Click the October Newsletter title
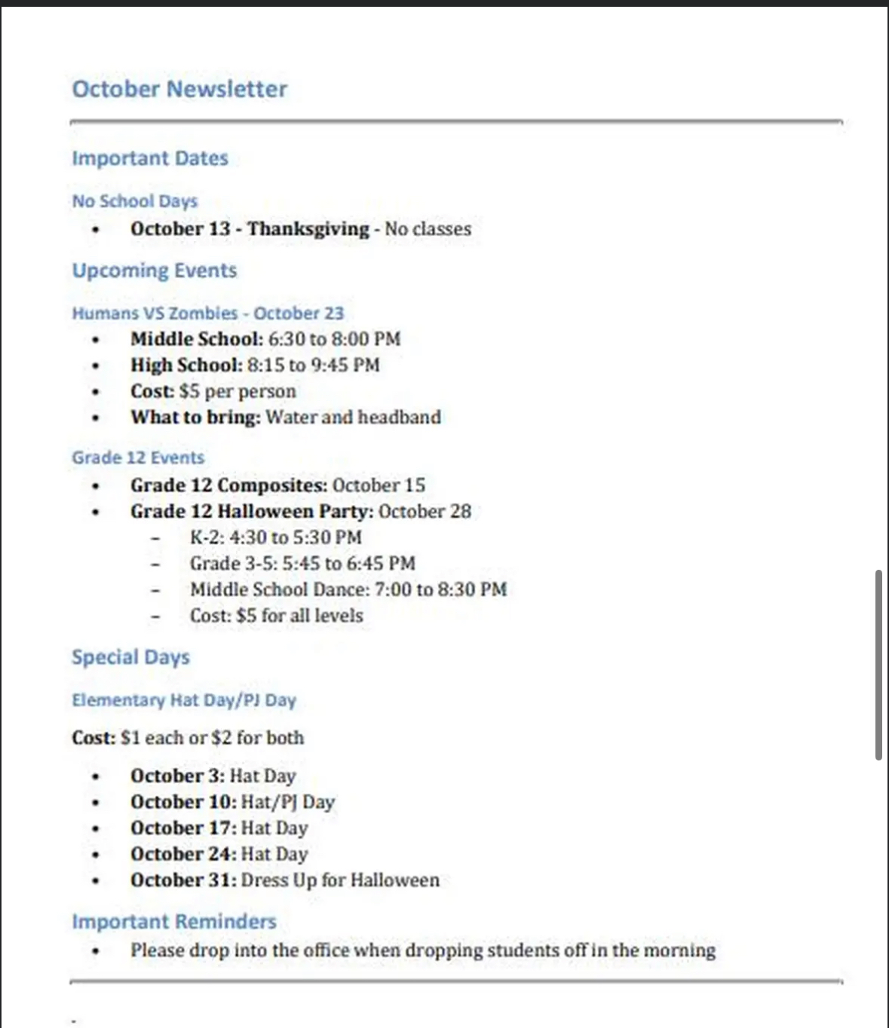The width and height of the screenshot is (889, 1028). pyautogui.click(x=179, y=89)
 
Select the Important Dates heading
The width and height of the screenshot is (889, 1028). pyautogui.click(x=150, y=158)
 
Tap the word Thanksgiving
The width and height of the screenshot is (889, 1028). pyautogui.click(x=308, y=228)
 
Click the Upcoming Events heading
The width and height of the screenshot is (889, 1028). pyautogui.click(x=155, y=271)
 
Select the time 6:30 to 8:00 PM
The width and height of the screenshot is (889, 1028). pyautogui.click(x=334, y=339)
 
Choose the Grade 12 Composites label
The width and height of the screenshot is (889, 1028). pyautogui.click(x=228, y=485)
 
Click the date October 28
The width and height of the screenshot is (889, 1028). pyautogui.click(x=425, y=512)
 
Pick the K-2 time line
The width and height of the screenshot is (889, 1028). pyautogui.click(x=276, y=537)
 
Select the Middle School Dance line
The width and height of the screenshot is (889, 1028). pyautogui.click(x=348, y=589)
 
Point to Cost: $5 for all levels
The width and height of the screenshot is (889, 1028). pyautogui.click(x=277, y=616)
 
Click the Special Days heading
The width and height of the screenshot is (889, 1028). pyautogui.click(x=130, y=657)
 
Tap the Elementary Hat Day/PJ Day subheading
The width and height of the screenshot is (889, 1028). pyautogui.click(x=184, y=700)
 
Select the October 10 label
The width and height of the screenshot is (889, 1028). pyautogui.click(x=183, y=802)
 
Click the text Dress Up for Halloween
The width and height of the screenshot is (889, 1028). pyautogui.click(x=340, y=880)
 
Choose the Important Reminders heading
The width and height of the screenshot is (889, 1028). pyautogui.click(x=174, y=922)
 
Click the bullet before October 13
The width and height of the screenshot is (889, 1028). pyautogui.click(x=95, y=230)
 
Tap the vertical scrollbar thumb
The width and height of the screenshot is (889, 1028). pyautogui.click(x=878, y=665)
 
